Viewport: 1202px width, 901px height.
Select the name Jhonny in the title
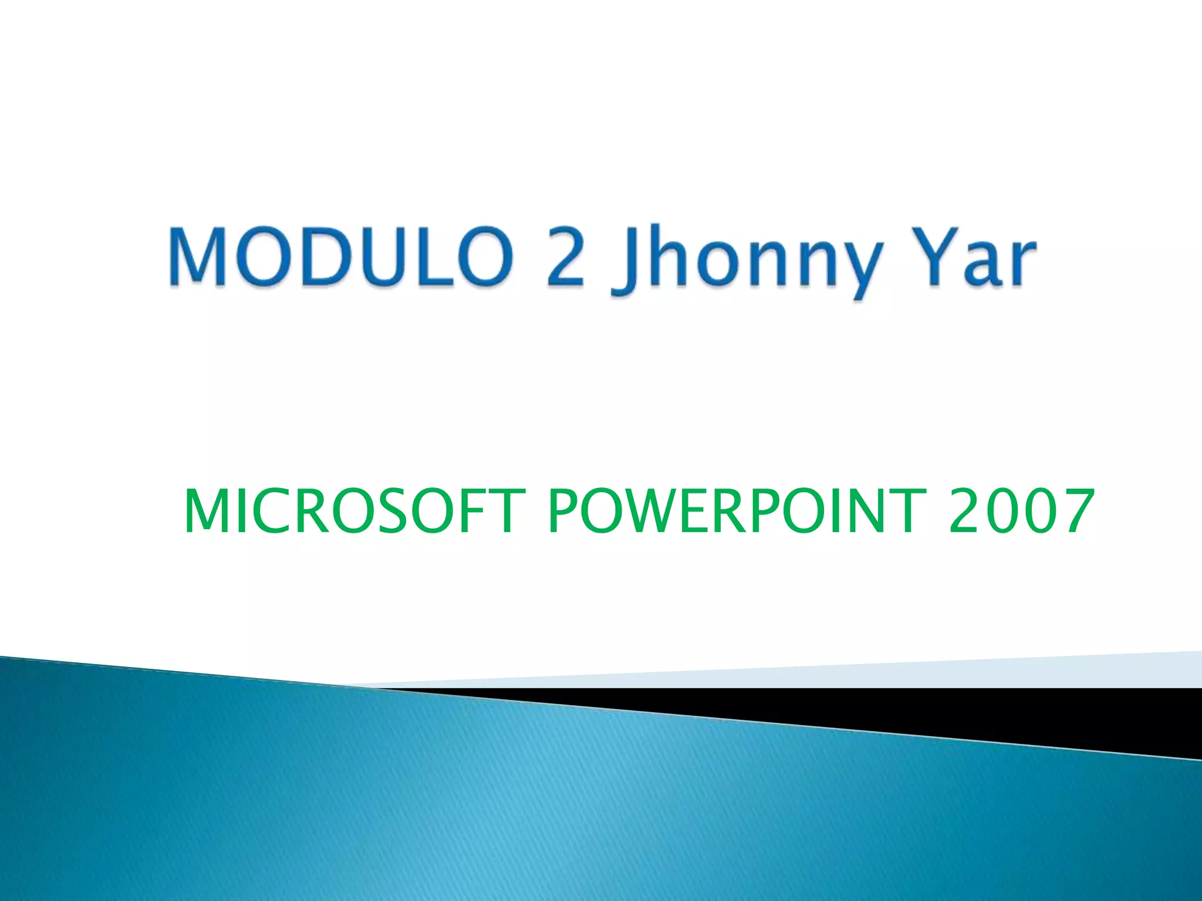[745, 261]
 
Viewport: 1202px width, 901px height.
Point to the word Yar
[968, 258]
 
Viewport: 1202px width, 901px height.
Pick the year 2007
[1021, 512]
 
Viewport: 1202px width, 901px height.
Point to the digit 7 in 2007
[1073, 512]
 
